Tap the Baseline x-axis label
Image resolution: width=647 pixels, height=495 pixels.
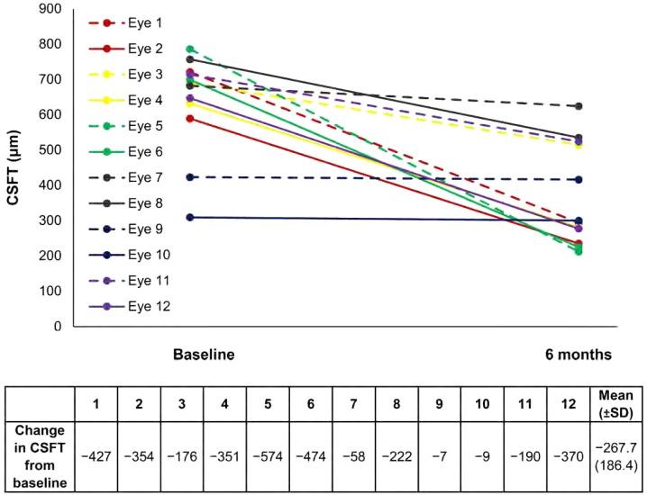[x=204, y=355]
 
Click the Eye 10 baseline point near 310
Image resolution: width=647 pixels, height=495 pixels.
[x=189, y=217]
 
